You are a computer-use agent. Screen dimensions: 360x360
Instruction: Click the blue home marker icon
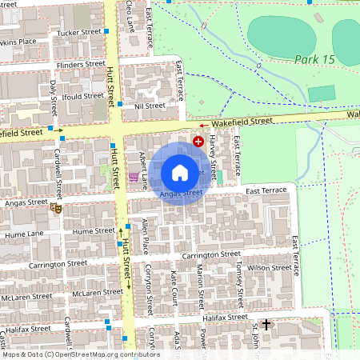[x=180, y=172]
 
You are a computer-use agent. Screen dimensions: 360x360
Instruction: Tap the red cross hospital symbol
[x=198, y=141]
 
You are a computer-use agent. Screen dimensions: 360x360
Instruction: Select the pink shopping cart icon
[x=134, y=177]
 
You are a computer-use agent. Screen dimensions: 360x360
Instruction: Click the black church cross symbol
[x=266, y=325]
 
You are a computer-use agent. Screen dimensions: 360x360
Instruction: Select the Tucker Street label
[x=79, y=33]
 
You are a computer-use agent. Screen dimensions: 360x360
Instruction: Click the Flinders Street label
[x=80, y=64]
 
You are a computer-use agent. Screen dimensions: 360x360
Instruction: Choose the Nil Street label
[x=150, y=105]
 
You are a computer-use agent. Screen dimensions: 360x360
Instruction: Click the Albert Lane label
[x=144, y=170]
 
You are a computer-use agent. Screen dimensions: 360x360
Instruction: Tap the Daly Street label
[x=54, y=95]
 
